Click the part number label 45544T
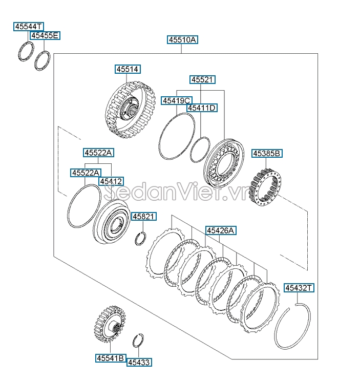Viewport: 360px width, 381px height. point(29,26)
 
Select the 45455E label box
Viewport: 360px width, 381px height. point(45,35)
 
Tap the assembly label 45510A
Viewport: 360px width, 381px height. point(182,39)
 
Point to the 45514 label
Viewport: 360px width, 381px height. point(128,69)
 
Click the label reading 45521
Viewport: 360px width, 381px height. point(202,79)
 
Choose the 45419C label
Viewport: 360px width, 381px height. point(177,100)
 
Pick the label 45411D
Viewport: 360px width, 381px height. point(202,108)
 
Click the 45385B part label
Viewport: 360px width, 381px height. point(267,154)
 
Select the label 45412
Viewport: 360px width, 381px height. point(111,181)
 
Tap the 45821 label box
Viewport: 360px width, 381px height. point(144,216)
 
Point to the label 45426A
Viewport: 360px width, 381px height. point(221,230)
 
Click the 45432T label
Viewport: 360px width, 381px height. point(299,288)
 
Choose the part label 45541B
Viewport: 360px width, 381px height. point(111,358)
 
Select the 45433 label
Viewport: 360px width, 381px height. point(139,362)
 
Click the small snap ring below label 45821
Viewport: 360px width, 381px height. point(141,239)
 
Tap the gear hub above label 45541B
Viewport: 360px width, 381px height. point(111,324)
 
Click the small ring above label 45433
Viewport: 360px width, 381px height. point(138,341)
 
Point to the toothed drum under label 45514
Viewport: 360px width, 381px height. point(131,110)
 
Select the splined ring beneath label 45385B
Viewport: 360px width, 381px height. point(265,187)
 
